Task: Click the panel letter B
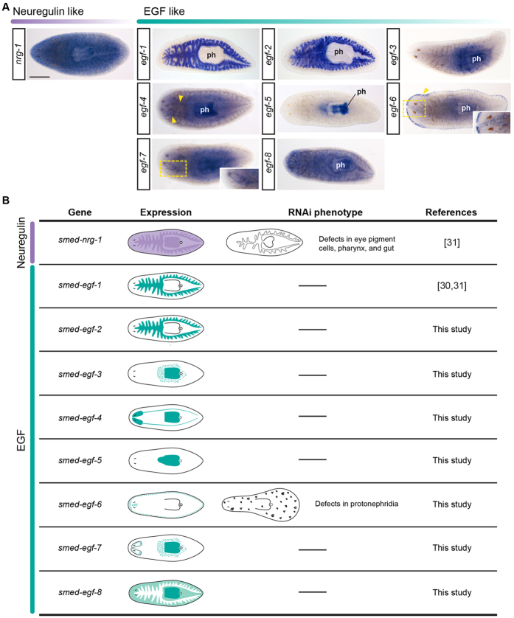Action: coord(7,201)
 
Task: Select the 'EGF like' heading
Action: coord(161,11)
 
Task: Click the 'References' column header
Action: coord(451,212)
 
